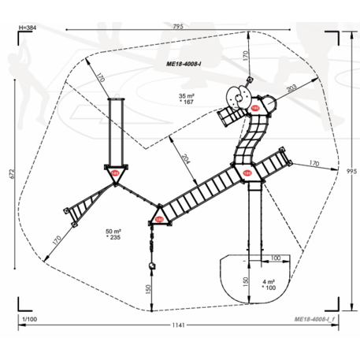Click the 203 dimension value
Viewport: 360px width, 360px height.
[291, 89]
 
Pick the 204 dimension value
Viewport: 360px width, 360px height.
[184, 158]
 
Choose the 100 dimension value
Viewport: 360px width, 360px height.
[276, 258]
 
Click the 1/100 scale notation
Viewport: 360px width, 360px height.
[28, 317]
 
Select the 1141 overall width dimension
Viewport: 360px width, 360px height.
[180, 325]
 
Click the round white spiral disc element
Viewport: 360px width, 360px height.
[236, 96]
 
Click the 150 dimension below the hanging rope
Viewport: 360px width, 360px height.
[147, 288]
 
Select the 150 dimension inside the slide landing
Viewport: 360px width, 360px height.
[247, 280]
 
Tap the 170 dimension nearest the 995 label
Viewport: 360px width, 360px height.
[314, 164]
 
